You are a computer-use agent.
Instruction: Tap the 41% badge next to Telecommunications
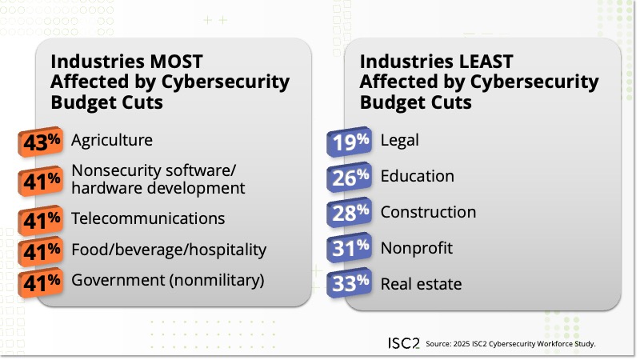(x=42, y=218)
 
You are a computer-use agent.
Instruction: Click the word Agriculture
(x=111, y=140)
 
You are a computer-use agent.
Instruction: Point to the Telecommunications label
(x=148, y=218)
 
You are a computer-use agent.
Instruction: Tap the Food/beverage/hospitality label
(x=168, y=250)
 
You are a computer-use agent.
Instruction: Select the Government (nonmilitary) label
(x=167, y=281)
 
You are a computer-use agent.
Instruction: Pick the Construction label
(x=428, y=212)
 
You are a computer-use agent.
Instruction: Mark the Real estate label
(x=421, y=284)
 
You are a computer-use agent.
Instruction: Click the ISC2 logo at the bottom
(x=399, y=342)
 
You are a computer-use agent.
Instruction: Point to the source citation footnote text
(x=511, y=343)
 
